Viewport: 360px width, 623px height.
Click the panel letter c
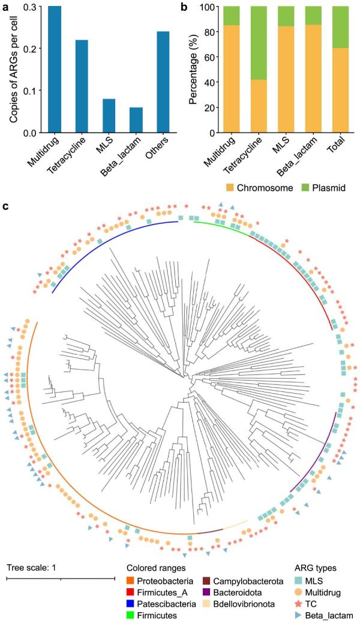5,207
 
